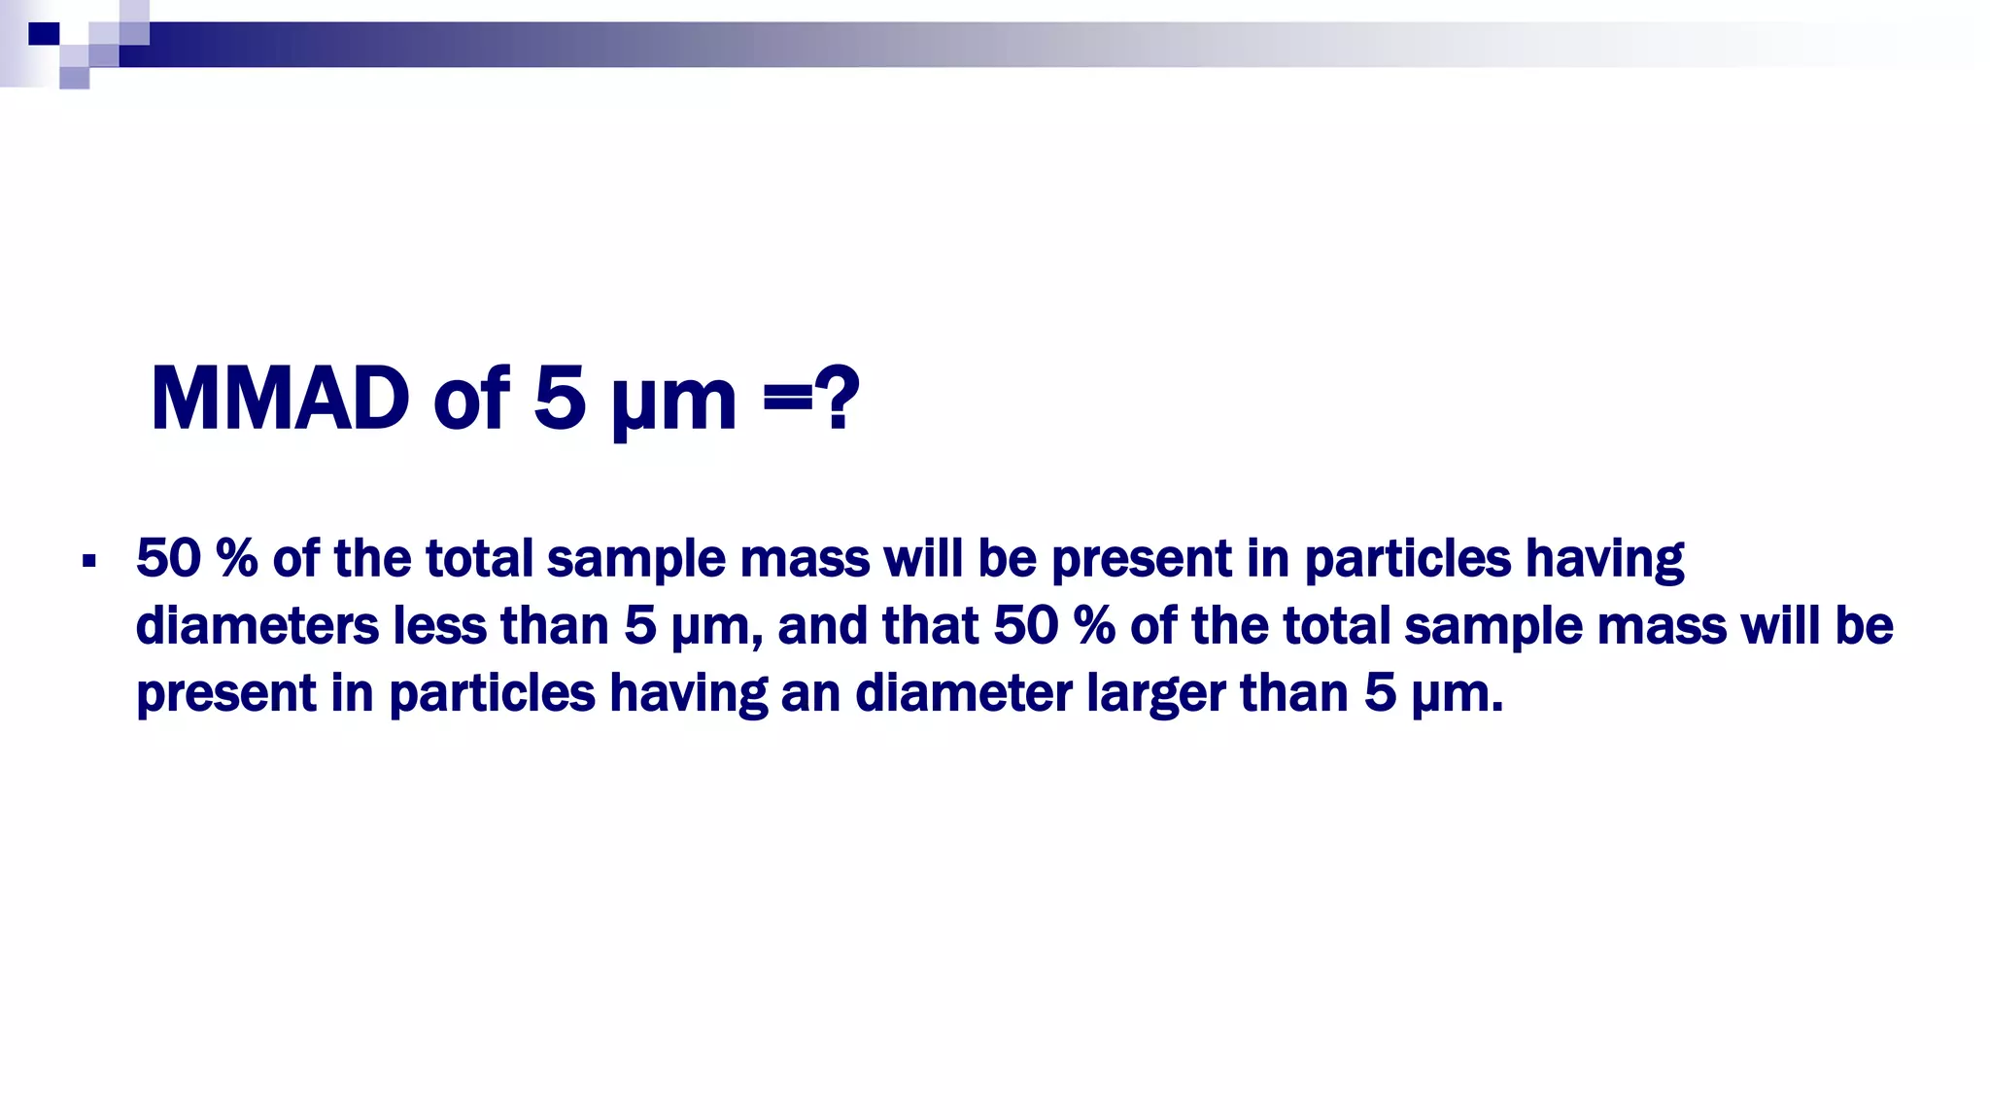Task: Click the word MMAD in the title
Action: point(280,399)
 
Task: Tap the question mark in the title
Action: point(837,399)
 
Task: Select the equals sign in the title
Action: point(786,399)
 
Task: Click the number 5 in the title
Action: point(560,399)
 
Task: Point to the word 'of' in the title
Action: point(471,399)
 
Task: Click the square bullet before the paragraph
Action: point(89,561)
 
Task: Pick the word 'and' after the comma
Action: point(822,625)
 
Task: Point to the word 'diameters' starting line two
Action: point(257,625)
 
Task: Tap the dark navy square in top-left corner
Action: point(44,34)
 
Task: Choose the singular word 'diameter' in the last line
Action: point(963,694)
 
